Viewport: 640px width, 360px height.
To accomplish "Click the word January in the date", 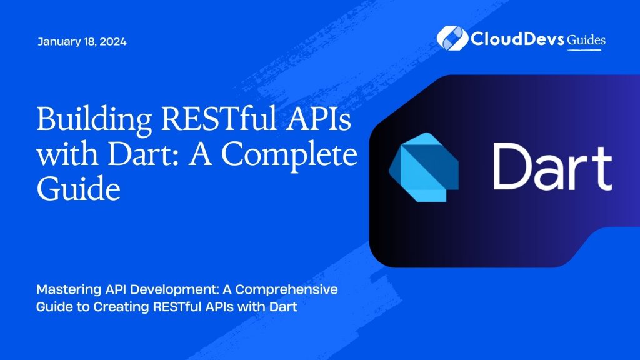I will pos(57,42).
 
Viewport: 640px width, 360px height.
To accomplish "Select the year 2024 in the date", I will pos(113,42).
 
